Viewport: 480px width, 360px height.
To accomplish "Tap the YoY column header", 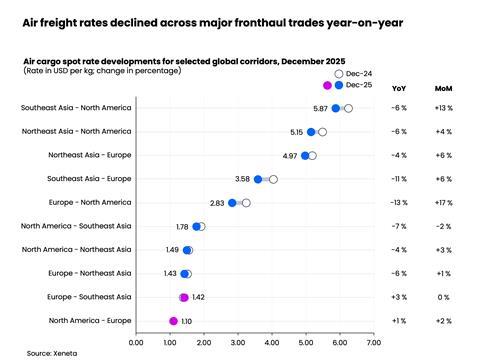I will coord(399,87).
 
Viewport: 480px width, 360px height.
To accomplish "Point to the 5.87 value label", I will coord(320,108).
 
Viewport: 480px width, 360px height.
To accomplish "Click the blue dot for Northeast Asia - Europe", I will coord(305,156).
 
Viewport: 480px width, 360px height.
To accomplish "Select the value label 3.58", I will coord(243,179).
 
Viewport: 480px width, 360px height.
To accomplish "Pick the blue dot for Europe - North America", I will coord(232,203).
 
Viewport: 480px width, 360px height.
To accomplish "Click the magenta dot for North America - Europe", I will coord(173,321).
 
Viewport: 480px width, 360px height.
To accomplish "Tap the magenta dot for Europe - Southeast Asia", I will coord(183,297).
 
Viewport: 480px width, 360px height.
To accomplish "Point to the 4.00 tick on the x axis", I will coord(271,342).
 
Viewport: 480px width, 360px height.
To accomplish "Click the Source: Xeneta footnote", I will coord(52,353).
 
